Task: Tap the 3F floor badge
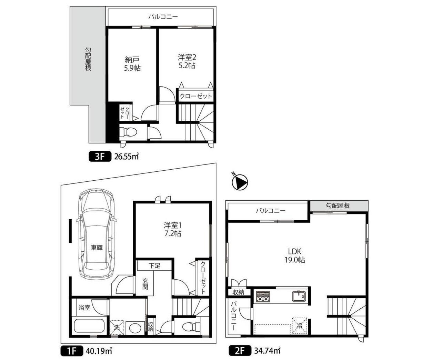coord(100,157)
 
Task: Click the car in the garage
coord(97,234)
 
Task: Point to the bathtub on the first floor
coord(90,328)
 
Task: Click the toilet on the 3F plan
coord(128,132)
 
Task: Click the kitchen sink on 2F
coord(299,296)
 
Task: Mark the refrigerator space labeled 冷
coord(299,326)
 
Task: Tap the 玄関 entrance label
coord(145,284)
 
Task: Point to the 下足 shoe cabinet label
coord(154,266)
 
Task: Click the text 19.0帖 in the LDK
coord(294,260)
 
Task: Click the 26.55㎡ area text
coord(126,157)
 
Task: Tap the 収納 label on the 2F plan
coord(238,292)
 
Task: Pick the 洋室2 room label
coord(187,57)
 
